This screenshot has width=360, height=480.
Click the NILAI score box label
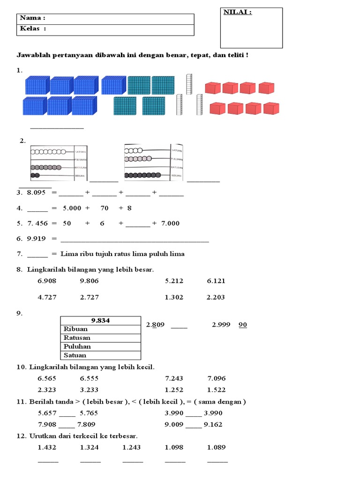tap(238, 13)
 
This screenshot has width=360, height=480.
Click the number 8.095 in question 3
tap(37, 192)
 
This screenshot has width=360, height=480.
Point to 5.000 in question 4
tap(72, 208)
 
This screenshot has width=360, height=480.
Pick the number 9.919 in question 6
tap(37, 238)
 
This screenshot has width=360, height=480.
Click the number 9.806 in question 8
tap(90, 281)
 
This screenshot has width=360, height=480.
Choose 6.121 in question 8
tap(216, 281)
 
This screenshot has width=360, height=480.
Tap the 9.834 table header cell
tap(101, 320)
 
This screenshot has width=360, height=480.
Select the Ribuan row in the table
tap(76, 329)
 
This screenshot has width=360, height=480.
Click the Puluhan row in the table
tap(77, 346)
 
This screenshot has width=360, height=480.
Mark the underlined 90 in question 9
tap(243, 324)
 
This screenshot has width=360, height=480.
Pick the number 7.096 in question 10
tap(216, 378)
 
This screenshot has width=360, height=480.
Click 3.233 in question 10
tap(90, 390)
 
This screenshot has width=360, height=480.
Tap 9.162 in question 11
tap(213, 425)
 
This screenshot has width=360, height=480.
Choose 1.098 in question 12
tap(174, 447)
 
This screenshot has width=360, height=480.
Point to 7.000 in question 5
tap(170, 223)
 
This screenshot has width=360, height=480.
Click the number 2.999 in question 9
tap(221, 324)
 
